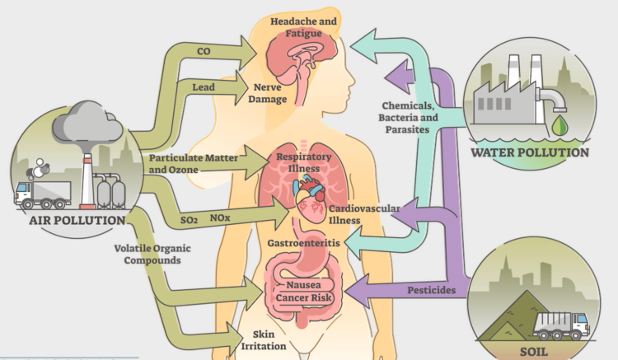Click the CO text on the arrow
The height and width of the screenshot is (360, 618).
pos(204,51)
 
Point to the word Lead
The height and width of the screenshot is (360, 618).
pos(204,86)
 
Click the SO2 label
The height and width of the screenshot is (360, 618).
pos(190,220)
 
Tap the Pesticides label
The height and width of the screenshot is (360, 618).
pos(433,290)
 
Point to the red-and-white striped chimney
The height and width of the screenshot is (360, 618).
pos(85,177)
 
